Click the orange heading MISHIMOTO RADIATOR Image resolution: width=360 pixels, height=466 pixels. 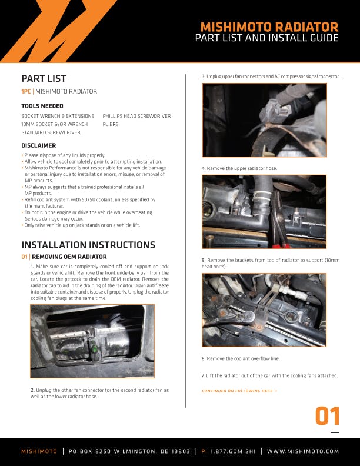[269, 27]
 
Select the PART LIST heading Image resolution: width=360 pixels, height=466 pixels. [44, 78]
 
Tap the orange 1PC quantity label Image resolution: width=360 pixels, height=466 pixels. [26, 92]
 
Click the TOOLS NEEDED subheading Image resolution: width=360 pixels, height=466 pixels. [42, 106]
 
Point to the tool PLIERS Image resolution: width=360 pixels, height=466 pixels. [111, 124]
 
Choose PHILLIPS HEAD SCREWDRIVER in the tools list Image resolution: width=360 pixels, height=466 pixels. [136, 116]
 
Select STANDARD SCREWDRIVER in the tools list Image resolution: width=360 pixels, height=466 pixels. [51, 132]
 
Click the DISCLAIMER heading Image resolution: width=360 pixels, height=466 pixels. [39, 146]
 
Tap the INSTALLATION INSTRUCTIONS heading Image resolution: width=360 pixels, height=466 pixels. [88, 245]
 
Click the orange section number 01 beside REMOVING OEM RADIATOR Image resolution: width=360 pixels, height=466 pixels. [24, 257]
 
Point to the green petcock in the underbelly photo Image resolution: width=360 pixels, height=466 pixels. [94, 348]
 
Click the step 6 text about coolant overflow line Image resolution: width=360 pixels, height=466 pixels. [241, 359]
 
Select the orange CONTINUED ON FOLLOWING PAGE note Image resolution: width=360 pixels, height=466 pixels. [239, 391]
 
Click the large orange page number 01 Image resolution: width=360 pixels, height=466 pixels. [327, 416]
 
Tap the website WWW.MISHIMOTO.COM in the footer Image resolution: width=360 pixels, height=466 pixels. [303, 451]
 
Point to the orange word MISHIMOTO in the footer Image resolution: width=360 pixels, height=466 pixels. [39, 451]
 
